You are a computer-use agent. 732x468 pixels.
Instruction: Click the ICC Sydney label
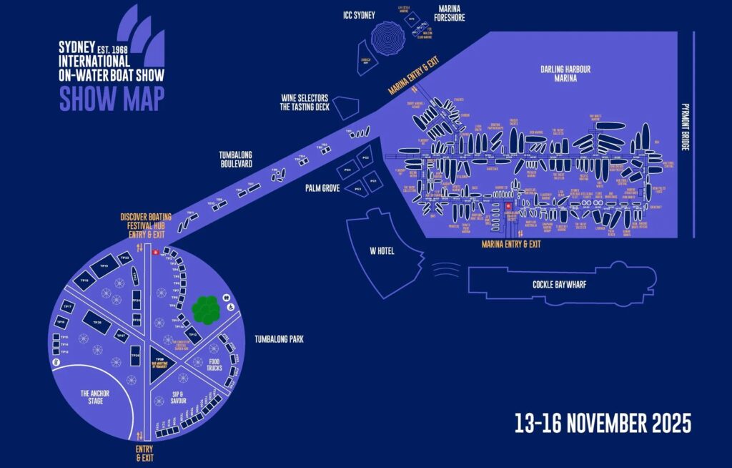click(358, 15)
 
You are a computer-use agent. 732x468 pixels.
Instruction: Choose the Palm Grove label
click(321, 187)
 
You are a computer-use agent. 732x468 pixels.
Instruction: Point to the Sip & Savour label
click(179, 397)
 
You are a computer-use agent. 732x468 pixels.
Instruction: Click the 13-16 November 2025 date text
click(603, 423)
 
